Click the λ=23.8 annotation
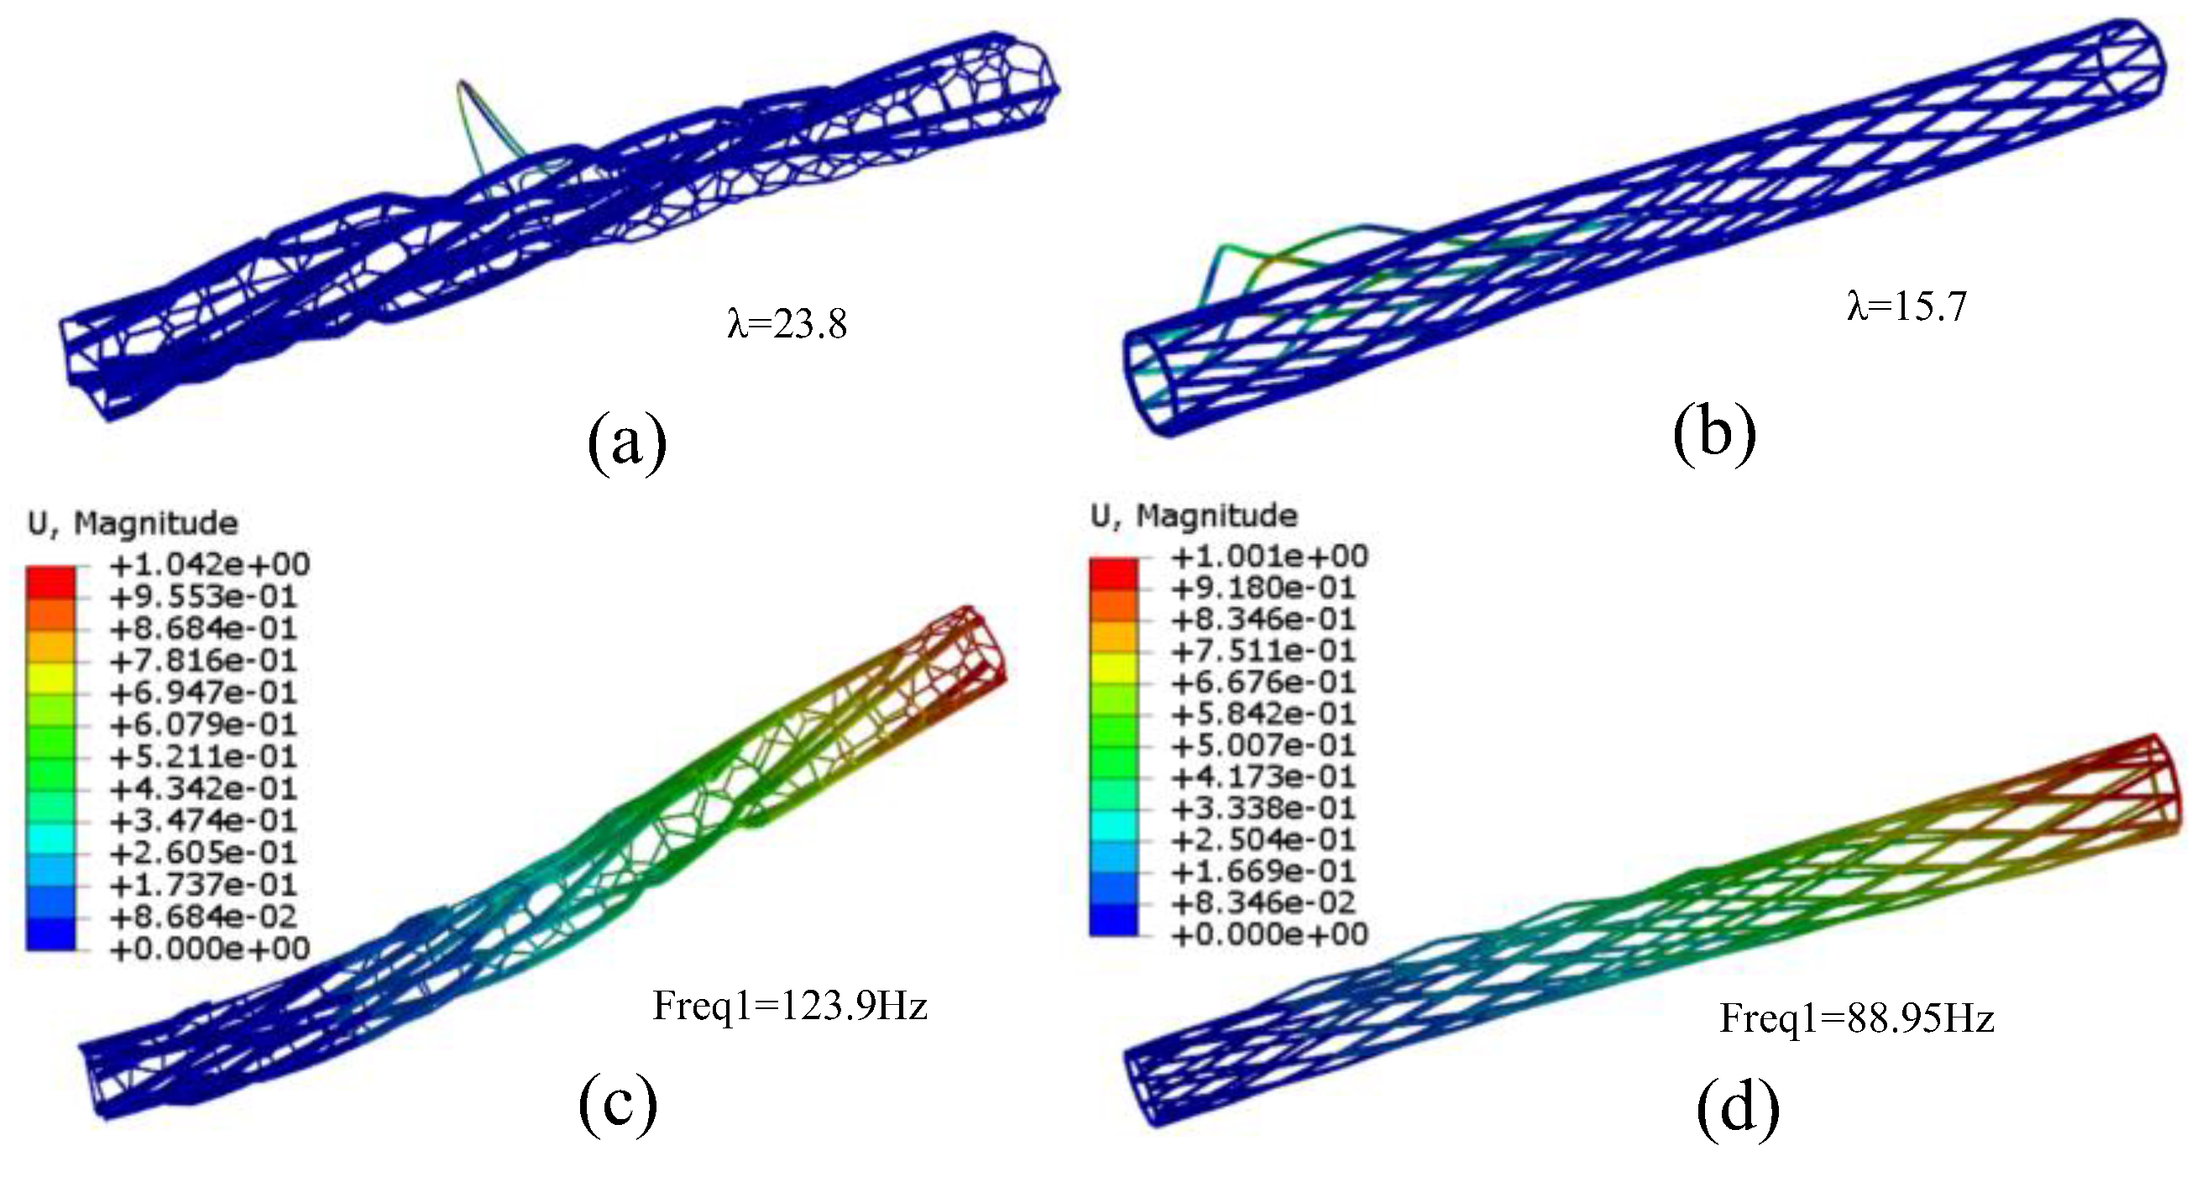click(787, 324)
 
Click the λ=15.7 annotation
click(1906, 306)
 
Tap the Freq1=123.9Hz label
click(790, 1005)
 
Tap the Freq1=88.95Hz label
click(1857, 1018)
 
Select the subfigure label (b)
click(1714, 433)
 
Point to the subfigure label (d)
click(1737, 1109)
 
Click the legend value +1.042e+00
click(209, 564)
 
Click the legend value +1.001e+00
click(1269, 557)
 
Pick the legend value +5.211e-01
click(202, 756)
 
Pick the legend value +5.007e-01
click(1263, 745)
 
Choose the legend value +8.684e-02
click(202, 916)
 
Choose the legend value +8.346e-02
click(1263, 902)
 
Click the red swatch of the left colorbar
click(50, 581)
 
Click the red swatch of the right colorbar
click(1113, 573)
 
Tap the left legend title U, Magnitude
click(133, 523)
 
